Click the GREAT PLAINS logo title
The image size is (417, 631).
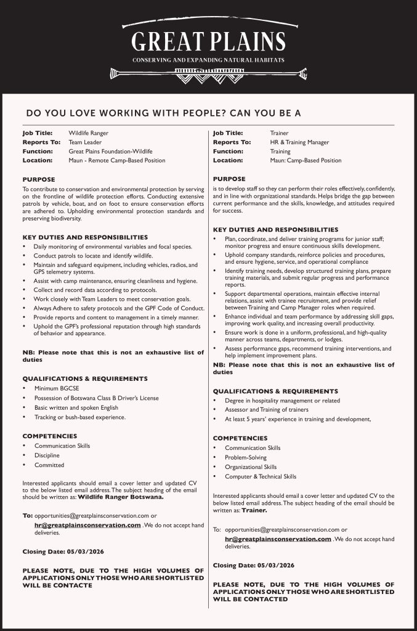pyautogui.click(x=208, y=41)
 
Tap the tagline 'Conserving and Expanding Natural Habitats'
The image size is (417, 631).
pyautogui.click(x=208, y=60)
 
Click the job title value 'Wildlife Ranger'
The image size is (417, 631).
pyautogui.click(x=88, y=132)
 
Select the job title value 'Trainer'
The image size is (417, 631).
pyautogui.click(x=279, y=132)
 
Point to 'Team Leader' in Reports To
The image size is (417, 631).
pyautogui.click(x=85, y=142)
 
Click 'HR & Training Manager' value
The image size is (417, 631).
pyautogui.click(x=299, y=142)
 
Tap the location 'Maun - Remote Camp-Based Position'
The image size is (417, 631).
pyautogui.click(x=116, y=160)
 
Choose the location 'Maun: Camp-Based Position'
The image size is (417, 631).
pyautogui.click(x=305, y=160)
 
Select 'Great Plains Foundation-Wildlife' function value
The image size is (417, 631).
pyautogui.click(x=110, y=151)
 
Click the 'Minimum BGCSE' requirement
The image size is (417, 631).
pyautogui.click(x=54, y=389)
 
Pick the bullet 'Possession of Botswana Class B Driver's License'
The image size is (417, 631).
pyautogui.click(x=96, y=398)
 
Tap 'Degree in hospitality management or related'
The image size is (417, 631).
pyautogui.click(x=282, y=401)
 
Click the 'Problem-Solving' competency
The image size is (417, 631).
pyautogui.click(x=246, y=457)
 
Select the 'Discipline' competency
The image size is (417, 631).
pyautogui.click(x=47, y=455)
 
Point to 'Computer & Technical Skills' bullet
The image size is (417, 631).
pyautogui.click(x=261, y=476)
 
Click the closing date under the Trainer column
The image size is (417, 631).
pyautogui.click(x=253, y=564)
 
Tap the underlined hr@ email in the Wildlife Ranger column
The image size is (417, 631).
pyautogui.click(x=88, y=524)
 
